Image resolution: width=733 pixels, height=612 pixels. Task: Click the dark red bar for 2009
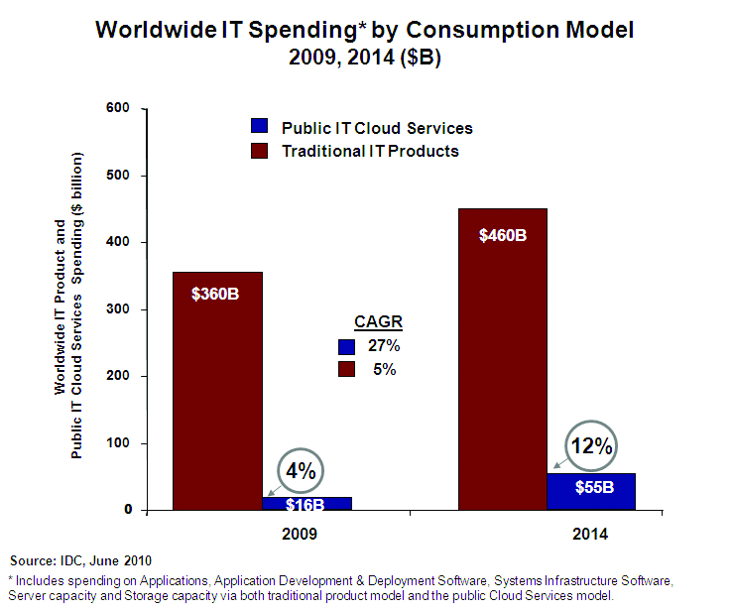[217, 397]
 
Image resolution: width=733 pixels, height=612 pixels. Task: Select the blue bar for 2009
[306, 503]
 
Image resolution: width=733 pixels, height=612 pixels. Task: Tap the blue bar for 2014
[591, 491]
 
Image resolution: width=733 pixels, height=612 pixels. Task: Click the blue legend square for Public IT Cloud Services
[259, 127]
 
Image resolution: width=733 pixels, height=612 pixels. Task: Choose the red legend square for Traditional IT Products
[259, 151]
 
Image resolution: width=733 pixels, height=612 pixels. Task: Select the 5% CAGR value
[385, 369]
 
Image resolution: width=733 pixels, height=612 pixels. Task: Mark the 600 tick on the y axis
[120, 108]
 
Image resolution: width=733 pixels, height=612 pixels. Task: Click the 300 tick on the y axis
[120, 309]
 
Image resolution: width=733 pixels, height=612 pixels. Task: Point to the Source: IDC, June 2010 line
[80, 560]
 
